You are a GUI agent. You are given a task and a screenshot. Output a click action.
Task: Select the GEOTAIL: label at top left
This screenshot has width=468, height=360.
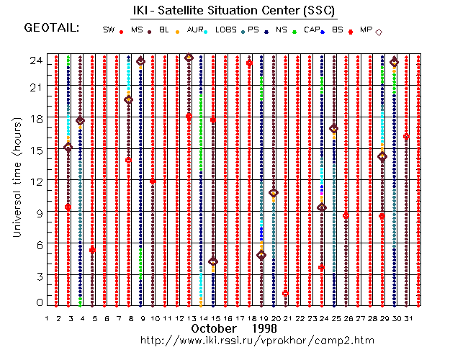point(51,28)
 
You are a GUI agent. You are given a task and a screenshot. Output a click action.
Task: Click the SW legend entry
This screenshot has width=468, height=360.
point(109,30)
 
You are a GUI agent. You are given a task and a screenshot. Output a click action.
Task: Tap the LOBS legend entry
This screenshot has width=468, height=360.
point(225,30)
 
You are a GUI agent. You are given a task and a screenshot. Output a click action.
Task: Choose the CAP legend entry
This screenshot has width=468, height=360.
point(312,30)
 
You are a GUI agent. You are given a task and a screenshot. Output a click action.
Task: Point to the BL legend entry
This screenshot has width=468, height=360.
point(165,30)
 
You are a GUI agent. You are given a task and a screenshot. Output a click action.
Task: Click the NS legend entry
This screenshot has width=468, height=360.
point(281,30)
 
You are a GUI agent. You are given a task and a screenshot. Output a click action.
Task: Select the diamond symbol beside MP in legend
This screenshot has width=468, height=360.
point(379,31)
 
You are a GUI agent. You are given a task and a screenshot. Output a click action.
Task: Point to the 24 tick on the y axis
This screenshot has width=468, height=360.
point(36,61)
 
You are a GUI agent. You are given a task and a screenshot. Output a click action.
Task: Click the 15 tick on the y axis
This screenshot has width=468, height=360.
point(36,150)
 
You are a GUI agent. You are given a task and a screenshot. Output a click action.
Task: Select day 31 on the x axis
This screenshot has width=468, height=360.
point(408,318)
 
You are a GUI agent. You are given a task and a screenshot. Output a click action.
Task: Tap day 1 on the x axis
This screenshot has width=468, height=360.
point(47,318)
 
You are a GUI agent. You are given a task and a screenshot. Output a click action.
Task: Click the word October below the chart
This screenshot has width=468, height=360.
point(215,328)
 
